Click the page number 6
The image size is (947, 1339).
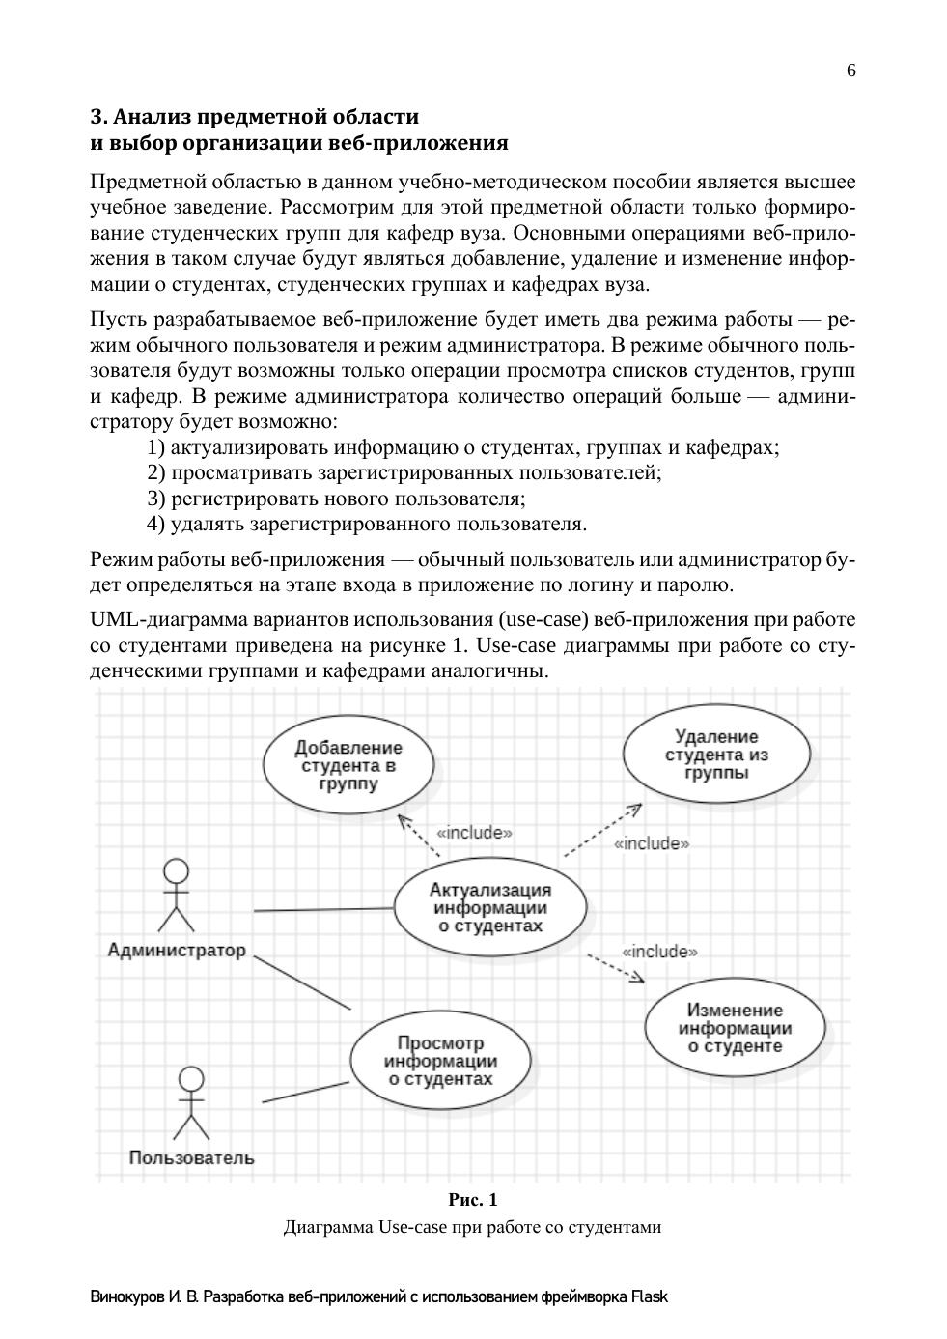[x=850, y=71]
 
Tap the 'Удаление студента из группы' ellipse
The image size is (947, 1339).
[x=716, y=755]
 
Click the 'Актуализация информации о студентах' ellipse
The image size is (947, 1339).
[x=490, y=908]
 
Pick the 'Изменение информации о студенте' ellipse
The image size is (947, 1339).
[x=735, y=1028]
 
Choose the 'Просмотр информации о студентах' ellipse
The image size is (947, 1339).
[x=440, y=1061]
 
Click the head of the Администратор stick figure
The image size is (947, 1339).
[x=176, y=870]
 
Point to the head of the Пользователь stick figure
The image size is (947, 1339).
[x=192, y=1078]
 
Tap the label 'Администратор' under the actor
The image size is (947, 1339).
[x=177, y=950]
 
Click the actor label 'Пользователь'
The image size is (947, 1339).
[x=192, y=1157]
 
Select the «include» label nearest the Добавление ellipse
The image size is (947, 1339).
[x=474, y=832]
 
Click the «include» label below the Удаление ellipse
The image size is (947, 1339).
[x=652, y=843]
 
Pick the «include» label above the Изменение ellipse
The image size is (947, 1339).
[x=659, y=952]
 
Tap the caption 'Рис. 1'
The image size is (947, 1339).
[x=473, y=1201]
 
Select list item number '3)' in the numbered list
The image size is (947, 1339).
[x=157, y=499]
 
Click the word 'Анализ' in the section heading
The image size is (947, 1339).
[x=153, y=117]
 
